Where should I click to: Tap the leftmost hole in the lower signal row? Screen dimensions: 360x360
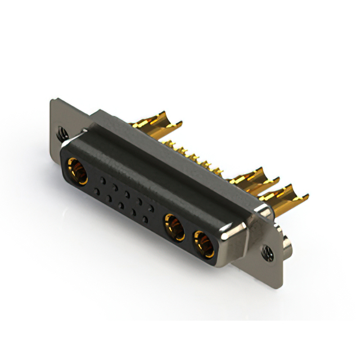(97, 192)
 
